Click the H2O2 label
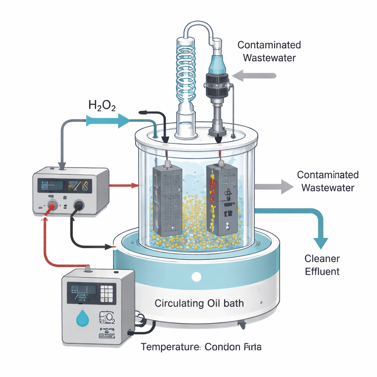[102, 106]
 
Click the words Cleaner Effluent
[322, 265]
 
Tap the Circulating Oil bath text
[199, 304]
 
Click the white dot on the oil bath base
[197, 276]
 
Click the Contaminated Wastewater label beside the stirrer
[269, 51]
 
